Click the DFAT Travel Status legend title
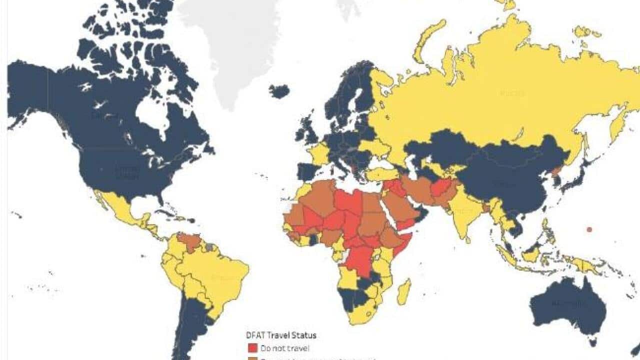click(x=280, y=335)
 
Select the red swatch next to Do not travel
click(x=251, y=347)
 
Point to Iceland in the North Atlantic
click(x=279, y=91)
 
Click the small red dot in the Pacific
click(x=589, y=229)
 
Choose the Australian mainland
click(x=567, y=305)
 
